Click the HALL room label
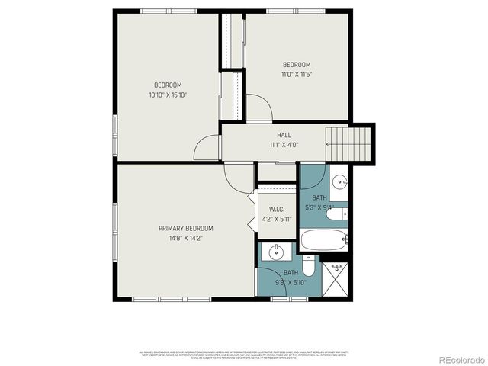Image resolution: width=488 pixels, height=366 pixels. point(284,135)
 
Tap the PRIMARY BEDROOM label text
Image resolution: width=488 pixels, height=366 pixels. point(185,229)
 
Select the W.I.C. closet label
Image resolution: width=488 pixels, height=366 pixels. point(277,210)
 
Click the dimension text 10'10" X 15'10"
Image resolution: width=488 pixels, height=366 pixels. point(168,95)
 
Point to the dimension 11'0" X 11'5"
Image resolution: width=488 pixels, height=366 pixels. point(297,75)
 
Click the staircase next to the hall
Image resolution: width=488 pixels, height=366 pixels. point(350,143)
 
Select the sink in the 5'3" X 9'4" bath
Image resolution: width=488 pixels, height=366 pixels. point(341,181)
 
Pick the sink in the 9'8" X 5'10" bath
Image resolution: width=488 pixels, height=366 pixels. point(274,252)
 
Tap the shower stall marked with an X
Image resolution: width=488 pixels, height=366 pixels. point(335,279)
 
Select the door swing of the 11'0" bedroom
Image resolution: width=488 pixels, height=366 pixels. point(260,109)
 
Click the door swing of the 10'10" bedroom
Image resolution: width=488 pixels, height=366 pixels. point(207,148)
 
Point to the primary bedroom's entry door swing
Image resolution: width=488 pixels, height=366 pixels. point(237,178)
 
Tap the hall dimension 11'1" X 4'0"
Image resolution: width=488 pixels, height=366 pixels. point(284,144)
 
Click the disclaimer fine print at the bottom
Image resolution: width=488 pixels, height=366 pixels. point(243,354)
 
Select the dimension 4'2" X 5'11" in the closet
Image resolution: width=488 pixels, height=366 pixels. point(277,220)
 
